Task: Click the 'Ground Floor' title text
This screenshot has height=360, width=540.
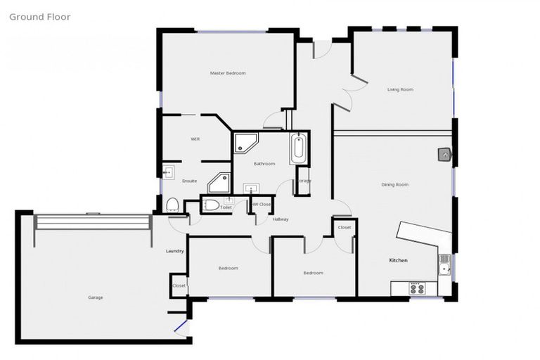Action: coord(39,16)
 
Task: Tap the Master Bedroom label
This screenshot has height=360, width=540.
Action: coord(228,73)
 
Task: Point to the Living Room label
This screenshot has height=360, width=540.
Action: coord(400,89)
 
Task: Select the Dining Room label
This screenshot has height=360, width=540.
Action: coord(394,184)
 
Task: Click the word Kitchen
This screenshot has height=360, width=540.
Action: coord(398,260)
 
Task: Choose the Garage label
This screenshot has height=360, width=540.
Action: coord(96,297)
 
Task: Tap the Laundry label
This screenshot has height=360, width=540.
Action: coord(175,251)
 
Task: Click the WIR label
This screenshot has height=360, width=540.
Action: coord(195,139)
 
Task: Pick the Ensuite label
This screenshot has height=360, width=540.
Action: coord(190,181)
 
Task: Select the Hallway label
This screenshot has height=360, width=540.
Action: coord(281,219)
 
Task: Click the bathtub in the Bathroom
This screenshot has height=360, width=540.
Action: coord(298,148)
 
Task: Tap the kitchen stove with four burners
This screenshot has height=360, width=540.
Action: coord(417,288)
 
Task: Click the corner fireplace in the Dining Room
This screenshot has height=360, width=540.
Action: coord(445,154)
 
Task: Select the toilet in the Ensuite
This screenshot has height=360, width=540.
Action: coord(172,204)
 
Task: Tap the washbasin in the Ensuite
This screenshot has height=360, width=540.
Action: coord(168,172)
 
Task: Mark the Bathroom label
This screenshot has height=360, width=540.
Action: coord(264,163)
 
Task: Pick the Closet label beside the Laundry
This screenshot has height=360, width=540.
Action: coord(179,285)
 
